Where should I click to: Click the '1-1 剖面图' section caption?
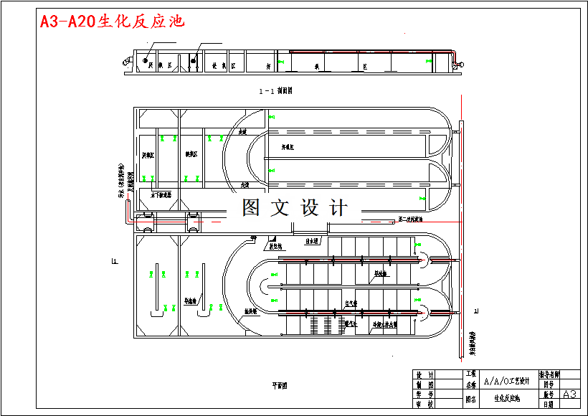click(276, 91)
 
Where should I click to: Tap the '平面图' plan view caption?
click(279, 385)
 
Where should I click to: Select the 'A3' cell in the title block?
click(569, 394)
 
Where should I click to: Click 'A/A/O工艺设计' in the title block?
click(508, 380)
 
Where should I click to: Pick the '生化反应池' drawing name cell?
click(507, 398)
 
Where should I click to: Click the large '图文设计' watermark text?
click(295, 208)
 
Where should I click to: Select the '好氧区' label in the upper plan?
click(289, 146)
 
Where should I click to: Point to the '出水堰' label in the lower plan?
click(312, 241)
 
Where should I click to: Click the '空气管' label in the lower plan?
click(351, 304)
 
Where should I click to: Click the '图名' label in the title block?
click(470, 399)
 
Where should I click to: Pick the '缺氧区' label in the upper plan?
click(191, 154)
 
